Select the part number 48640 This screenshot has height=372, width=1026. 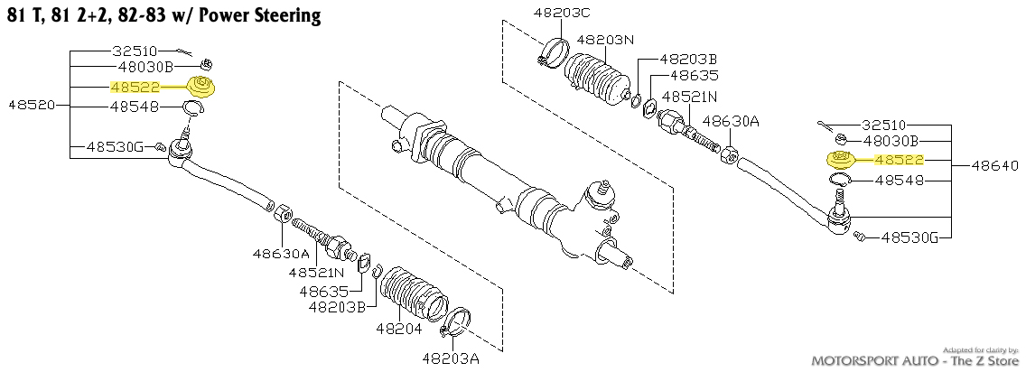(x=996, y=166)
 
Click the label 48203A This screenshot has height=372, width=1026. (x=454, y=358)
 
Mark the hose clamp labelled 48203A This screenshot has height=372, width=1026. (x=457, y=320)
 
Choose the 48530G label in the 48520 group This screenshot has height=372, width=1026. (x=114, y=146)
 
